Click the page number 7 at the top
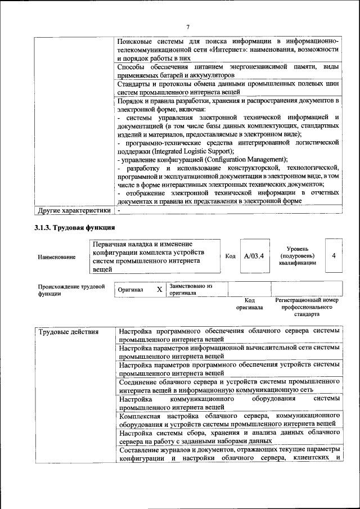pos(188,26)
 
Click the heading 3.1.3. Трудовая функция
pos(75,228)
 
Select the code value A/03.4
pos(254,256)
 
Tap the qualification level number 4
pos(334,256)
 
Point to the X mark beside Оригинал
pos(159,290)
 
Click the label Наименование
pos(57,257)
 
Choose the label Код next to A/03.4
pos(230,256)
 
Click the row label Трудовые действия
pos(69,332)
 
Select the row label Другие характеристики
pos(74,210)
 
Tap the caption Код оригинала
pos(249,304)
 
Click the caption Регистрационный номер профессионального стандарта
pos(307,307)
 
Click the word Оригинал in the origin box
pos(130,290)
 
